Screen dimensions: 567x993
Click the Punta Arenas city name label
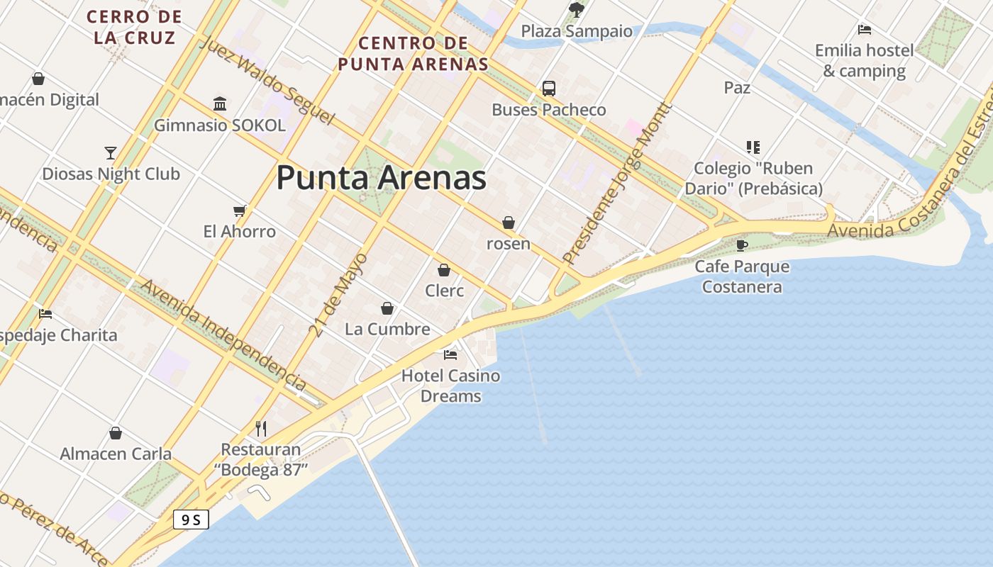[x=381, y=178]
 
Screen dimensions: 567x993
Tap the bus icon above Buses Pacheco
[x=549, y=89]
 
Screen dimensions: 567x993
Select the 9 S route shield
[x=191, y=520]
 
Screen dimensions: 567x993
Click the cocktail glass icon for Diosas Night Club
[x=111, y=152]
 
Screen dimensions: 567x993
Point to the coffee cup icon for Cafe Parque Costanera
[x=742, y=245]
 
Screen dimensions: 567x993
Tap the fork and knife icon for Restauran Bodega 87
[x=261, y=428]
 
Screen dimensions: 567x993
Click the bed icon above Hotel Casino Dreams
[x=450, y=354]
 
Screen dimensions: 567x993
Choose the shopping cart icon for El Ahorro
[x=240, y=210]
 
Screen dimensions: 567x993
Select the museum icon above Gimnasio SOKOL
[x=220, y=104]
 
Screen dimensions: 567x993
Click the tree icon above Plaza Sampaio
[x=577, y=10]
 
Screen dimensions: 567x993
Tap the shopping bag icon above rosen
[x=509, y=223]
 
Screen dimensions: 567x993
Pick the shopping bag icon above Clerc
[x=444, y=270]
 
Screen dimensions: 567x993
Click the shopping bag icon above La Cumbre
[x=387, y=308]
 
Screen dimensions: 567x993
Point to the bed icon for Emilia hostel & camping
[x=864, y=30]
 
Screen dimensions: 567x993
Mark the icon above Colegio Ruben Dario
[x=753, y=147]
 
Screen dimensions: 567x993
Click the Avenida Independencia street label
[x=223, y=335]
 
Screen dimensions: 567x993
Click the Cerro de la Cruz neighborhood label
[x=134, y=27]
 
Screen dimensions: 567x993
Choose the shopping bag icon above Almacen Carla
[x=116, y=433]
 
